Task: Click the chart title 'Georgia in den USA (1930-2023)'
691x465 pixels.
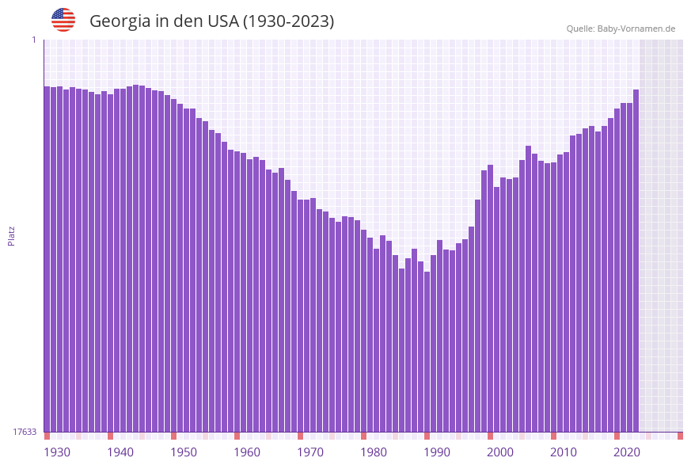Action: coord(211,21)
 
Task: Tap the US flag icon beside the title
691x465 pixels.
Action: coord(63,20)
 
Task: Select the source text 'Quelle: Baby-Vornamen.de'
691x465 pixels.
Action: coord(621,29)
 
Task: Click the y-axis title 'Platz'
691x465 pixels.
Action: coord(12,235)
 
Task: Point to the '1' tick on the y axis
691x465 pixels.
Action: coord(33,40)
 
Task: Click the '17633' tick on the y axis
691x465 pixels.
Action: coord(25,432)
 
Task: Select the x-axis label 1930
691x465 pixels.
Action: coord(56,452)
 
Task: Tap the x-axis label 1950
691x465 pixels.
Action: coord(184,452)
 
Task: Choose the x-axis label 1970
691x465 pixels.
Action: coord(310,452)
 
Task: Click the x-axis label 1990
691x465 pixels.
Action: coord(437,452)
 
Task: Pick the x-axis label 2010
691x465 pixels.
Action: coord(564,452)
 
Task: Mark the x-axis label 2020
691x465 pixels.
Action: coord(627,452)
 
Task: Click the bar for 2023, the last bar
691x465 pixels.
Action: coord(636,261)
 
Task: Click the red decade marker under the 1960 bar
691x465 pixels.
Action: coord(237,436)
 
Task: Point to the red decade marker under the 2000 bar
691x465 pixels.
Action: coord(490,436)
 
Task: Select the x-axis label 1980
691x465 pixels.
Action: coord(374,452)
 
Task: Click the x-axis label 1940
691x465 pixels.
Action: coord(120,452)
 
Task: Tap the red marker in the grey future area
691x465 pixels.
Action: coord(680,436)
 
